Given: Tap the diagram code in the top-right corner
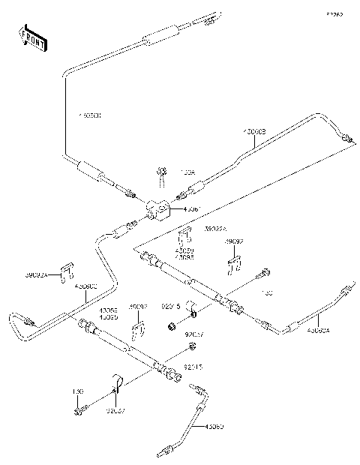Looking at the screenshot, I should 333,13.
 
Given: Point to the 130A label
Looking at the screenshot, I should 187,172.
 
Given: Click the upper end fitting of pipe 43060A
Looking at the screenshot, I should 346,289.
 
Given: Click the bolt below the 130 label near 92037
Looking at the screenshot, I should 79,409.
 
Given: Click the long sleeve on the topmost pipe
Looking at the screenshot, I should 159,35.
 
